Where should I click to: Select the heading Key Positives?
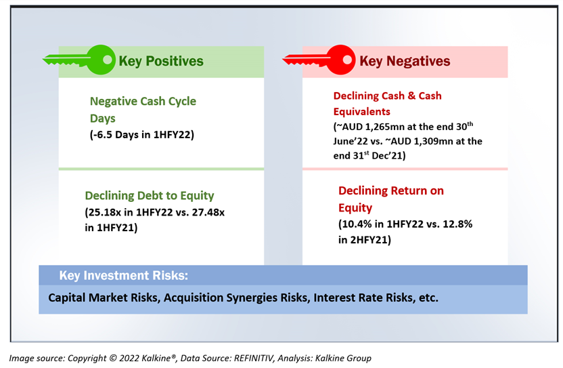[x=161, y=61]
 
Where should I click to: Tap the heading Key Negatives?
[x=405, y=61]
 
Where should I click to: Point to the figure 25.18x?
[x=104, y=212]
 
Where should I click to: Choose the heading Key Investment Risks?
[x=124, y=276]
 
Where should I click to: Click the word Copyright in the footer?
[x=87, y=359]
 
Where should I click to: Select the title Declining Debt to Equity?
[x=150, y=196]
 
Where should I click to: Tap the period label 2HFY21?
[x=369, y=240]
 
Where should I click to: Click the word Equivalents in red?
[x=361, y=112]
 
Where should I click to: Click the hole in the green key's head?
[x=108, y=60]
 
